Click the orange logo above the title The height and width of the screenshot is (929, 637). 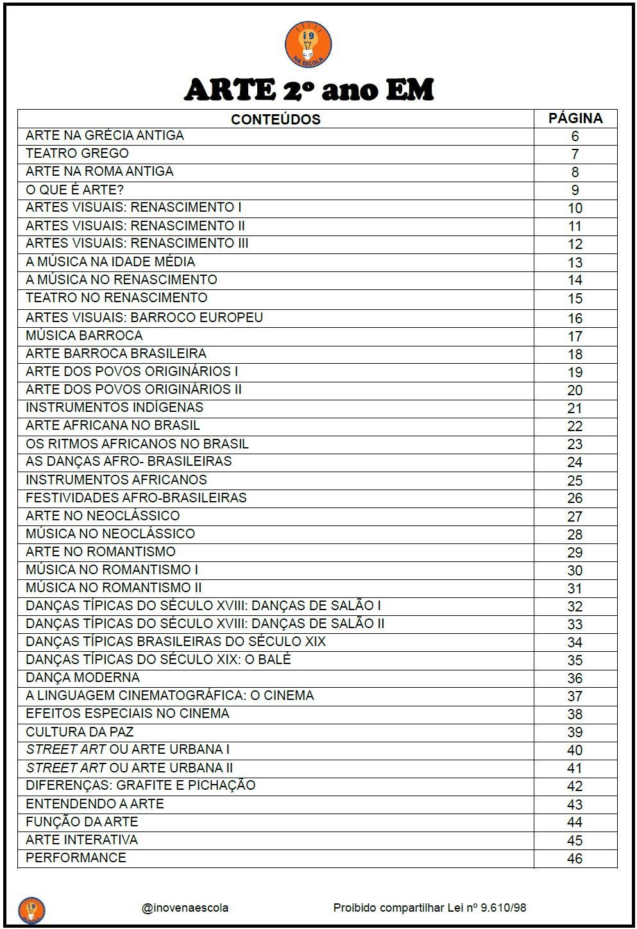(308, 44)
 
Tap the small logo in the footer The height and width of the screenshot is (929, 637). (31, 908)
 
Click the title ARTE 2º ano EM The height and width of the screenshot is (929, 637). (309, 90)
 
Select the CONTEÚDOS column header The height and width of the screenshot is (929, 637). (275, 119)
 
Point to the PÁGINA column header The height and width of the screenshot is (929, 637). (575, 119)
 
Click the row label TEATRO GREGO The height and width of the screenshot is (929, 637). (77, 153)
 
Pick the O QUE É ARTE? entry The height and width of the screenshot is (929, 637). (74, 189)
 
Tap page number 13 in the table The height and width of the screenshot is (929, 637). (575, 262)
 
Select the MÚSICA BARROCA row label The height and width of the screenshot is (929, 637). (84, 336)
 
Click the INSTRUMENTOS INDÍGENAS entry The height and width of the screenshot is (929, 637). (114, 407)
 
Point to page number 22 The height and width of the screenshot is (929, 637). (575, 426)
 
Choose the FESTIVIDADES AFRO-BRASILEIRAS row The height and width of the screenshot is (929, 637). (136, 497)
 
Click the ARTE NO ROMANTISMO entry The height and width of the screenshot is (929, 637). (100, 551)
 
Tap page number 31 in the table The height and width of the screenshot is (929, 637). (575, 588)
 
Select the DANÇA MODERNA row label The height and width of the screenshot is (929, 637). (83, 678)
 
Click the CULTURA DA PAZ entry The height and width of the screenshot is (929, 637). (80, 731)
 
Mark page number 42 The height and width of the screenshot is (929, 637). (575, 787)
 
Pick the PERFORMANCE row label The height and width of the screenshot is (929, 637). (76, 858)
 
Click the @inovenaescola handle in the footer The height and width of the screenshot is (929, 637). (185, 908)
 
